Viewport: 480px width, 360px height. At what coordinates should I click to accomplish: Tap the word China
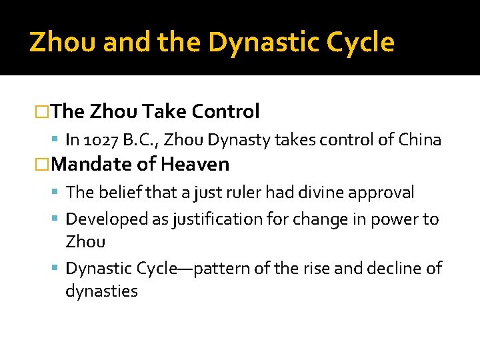coord(419,139)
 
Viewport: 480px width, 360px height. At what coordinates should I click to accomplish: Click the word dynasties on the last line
coord(101,291)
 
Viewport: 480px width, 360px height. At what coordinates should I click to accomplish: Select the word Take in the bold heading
coord(159,111)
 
